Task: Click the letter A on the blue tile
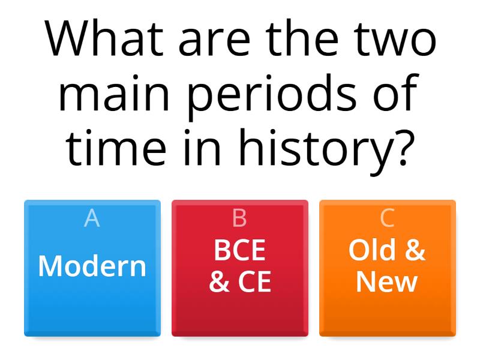92,219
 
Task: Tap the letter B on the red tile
239,219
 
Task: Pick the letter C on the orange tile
387,219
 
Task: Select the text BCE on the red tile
239,251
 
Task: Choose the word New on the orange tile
387,282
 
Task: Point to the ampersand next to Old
414,251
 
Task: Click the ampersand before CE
219,282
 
